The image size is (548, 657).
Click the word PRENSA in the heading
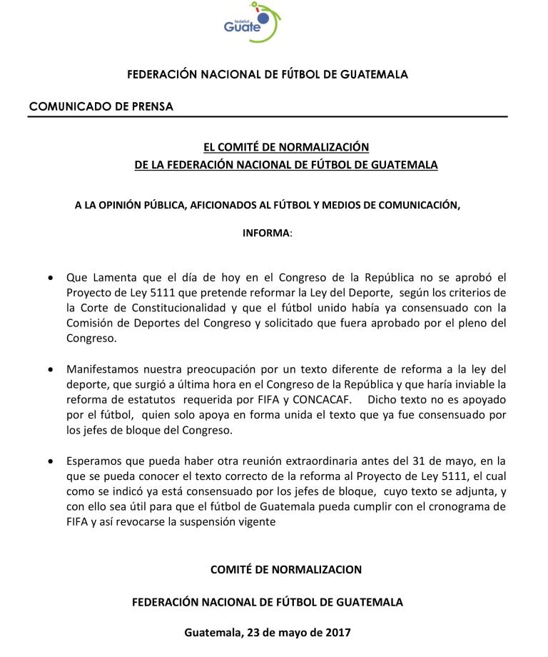point(150,106)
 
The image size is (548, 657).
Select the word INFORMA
point(266,234)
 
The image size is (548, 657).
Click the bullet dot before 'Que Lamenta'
point(49,277)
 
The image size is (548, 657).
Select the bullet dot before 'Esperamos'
point(49,463)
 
